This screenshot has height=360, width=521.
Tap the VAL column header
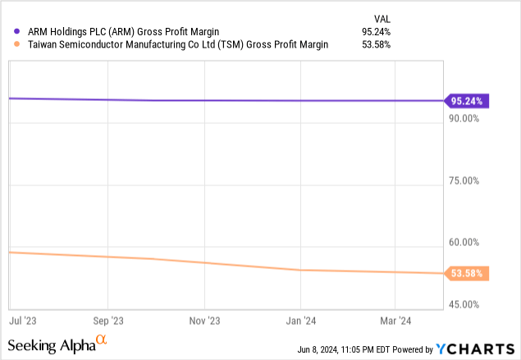click(382, 17)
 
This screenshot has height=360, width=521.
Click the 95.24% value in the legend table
click(377, 32)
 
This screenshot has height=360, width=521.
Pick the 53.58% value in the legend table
click(377, 44)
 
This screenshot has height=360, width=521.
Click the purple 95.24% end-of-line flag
click(467, 102)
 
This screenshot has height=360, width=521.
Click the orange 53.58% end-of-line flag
click(467, 273)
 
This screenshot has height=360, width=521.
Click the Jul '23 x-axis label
click(21, 321)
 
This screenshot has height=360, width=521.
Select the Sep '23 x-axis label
click(107, 321)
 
